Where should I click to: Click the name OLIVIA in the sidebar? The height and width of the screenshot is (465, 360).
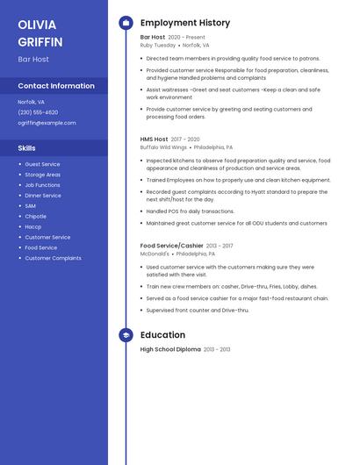click(37, 25)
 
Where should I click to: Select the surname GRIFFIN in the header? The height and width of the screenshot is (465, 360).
click(40, 41)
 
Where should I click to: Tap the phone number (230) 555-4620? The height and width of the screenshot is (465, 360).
click(38, 112)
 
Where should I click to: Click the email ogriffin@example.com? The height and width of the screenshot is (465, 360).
click(47, 123)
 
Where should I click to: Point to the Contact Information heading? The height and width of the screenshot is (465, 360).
click(56, 86)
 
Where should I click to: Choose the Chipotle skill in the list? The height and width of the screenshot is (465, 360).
click(36, 216)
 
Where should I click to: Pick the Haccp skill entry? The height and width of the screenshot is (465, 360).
click(34, 226)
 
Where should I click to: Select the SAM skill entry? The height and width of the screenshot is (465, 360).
click(31, 205)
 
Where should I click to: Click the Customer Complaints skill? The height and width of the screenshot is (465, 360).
click(53, 258)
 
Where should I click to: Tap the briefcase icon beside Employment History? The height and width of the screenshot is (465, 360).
click(126, 23)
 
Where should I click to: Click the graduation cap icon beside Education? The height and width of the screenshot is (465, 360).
click(126, 335)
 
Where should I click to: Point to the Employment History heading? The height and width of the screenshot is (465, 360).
click(185, 23)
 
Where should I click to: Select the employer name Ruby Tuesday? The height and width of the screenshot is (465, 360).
click(158, 45)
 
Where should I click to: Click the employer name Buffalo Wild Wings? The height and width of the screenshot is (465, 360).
click(162, 147)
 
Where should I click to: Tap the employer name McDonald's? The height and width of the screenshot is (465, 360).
click(155, 254)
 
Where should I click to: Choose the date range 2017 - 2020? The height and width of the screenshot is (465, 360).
click(185, 139)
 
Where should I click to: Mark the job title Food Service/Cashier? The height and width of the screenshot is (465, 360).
click(172, 246)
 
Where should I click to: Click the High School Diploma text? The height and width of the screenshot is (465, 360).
click(170, 349)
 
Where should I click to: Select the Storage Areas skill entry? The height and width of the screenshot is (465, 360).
click(43, 175)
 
